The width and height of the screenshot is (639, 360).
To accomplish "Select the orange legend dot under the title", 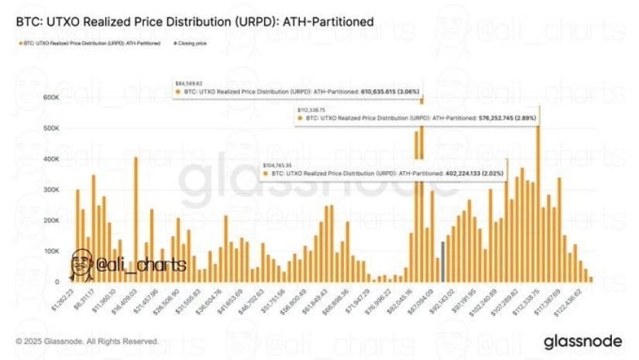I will pyautogui.click(x=18, y=43).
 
